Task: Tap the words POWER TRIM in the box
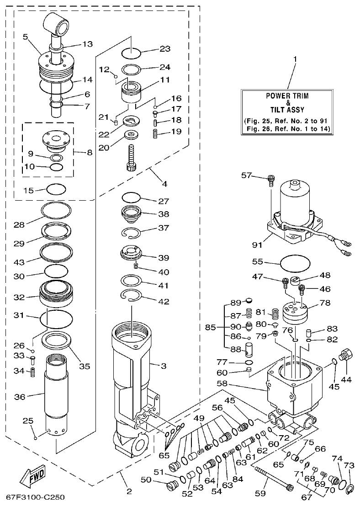pyautogui.click(x=287, y=96)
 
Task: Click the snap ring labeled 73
pyautogui.click(x=349, y=490)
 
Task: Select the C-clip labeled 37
pyautogui.click(x=136, y=232)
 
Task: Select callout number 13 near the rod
pyautogui.click(x=87, y=44)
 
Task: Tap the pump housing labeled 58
pyautogui.click(x=292, y=384)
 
